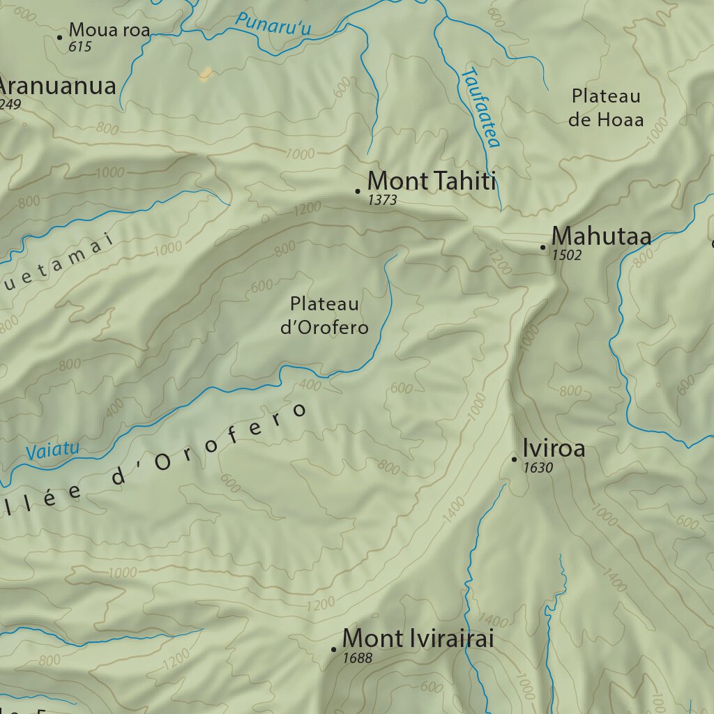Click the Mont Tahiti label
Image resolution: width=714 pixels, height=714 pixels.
click(431, 181)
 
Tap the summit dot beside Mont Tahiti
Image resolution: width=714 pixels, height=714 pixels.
click(358, 190)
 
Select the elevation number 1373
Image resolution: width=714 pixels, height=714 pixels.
click(382, 201)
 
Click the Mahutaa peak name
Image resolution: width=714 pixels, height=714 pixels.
click(601, 236)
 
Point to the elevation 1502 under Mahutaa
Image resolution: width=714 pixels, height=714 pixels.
click(566, 256)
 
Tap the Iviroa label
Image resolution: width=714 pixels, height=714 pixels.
click(554, 448)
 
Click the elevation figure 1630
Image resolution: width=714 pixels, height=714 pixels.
click(538, 468)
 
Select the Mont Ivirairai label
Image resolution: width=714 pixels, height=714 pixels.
click(418, 638)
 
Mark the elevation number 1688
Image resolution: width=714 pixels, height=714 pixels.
click(358, 658)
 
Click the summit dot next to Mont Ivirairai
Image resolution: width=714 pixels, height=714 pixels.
click(334, 649)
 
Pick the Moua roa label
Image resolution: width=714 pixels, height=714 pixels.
click(109, 30)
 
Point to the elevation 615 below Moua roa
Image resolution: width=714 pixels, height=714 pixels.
click(81, 47)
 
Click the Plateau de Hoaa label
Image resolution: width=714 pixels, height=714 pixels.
click(605, 107)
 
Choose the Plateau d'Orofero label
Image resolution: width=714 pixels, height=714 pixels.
click(324, 315)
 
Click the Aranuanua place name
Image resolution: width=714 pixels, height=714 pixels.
click(57, 86)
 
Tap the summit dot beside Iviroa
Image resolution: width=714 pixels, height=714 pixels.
click(514, 459)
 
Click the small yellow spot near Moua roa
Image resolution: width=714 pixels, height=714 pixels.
click(205, 74)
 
